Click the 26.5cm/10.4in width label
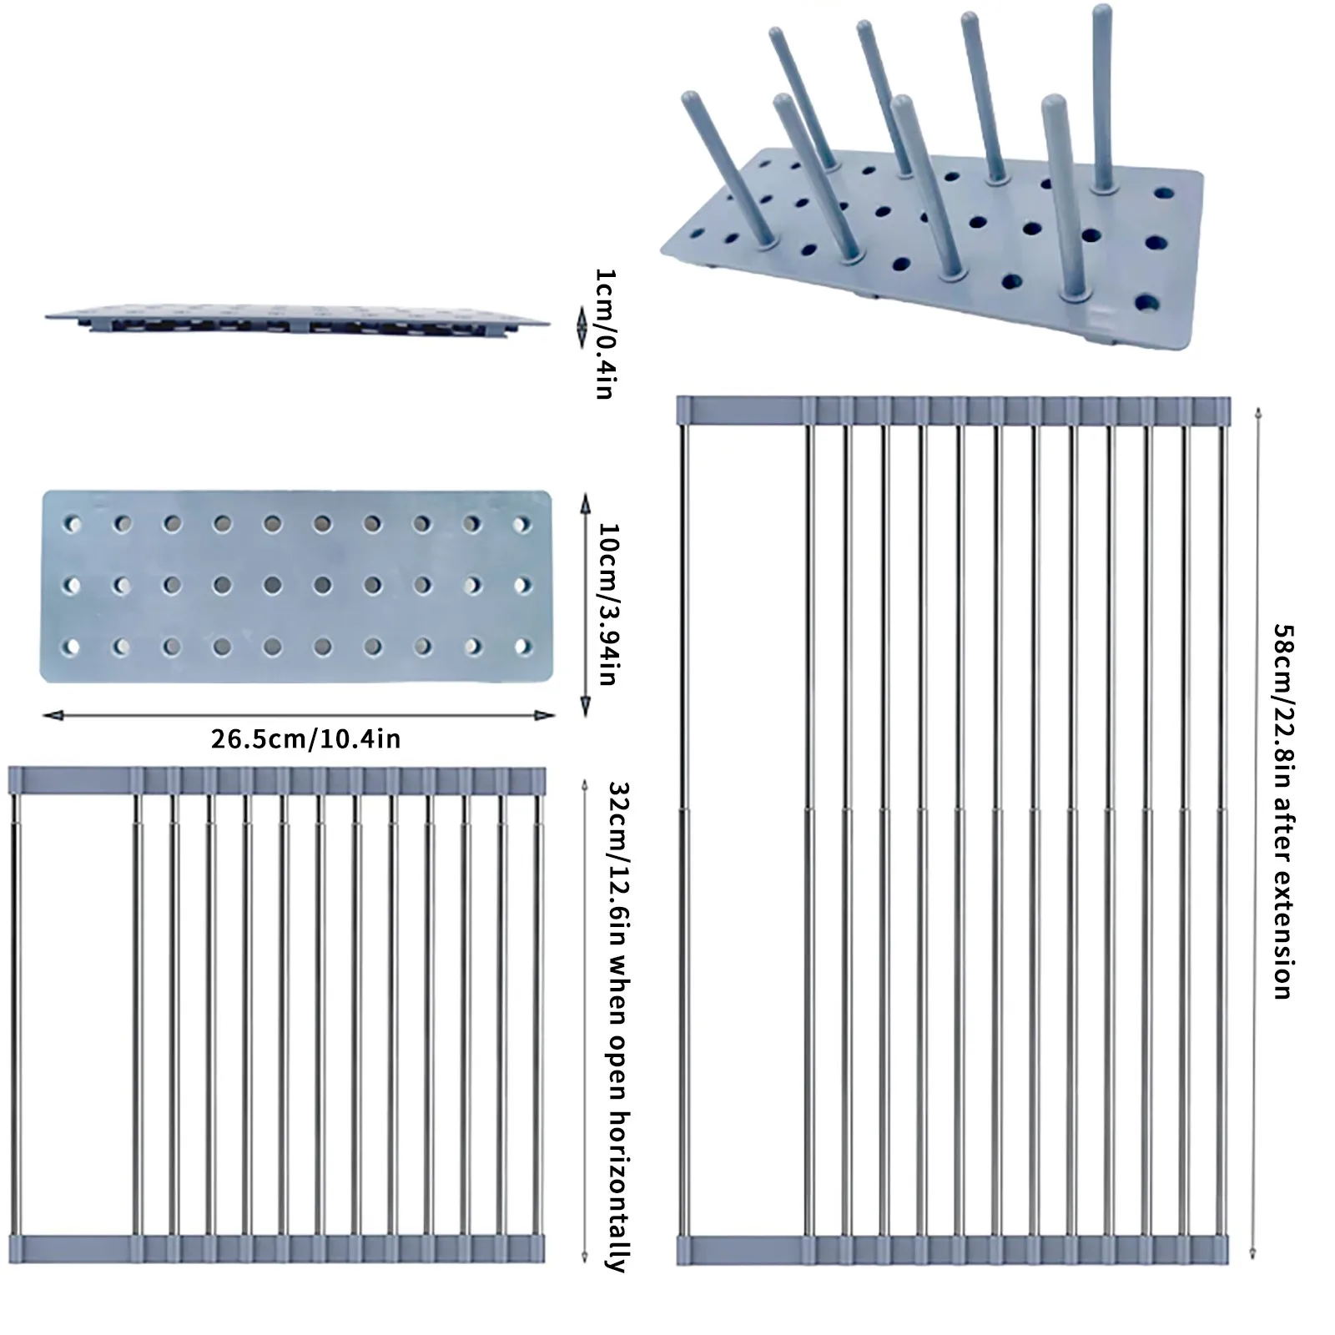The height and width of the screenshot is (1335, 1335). (305, 739)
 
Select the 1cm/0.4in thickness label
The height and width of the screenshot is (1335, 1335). (604, 334)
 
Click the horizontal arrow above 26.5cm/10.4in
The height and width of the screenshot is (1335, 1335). (299, 715)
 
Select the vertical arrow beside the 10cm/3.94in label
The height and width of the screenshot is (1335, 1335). (584, 604)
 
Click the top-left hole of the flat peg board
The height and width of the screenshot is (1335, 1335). (73, 525)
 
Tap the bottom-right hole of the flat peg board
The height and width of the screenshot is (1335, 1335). (522, 646)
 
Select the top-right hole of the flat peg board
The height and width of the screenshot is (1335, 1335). (522, 525)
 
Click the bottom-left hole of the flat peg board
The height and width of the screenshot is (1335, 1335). (73, 647)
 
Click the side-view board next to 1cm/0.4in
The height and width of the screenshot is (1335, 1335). (298, 321)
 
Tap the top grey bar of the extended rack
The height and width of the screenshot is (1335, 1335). (954, 410)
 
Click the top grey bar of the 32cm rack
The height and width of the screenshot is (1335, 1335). (277, 780)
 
